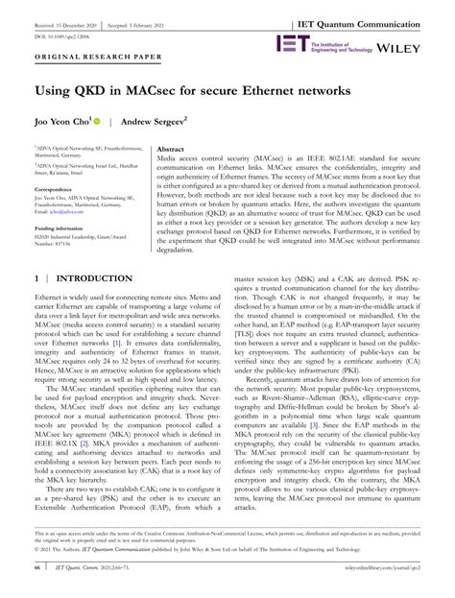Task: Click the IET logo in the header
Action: [294, 43]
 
